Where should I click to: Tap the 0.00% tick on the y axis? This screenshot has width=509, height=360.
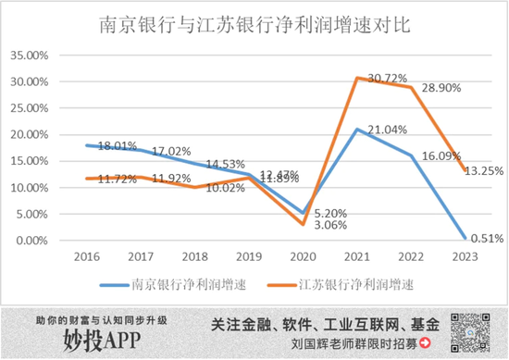click(x=31, y=241)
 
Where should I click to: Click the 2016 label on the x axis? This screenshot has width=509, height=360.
click(x=86, y=255)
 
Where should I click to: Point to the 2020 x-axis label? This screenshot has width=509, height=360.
click(x=303, y=255)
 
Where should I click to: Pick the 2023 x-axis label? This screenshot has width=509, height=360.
click(x=465, y=255)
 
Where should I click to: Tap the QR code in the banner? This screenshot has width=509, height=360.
click(x=471, y=331)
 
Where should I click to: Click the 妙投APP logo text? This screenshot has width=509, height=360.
click(x=102, y=341)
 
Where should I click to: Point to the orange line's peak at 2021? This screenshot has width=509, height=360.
click(x=356, y=78)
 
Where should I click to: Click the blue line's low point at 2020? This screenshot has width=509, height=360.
click(x=303, y=213)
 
